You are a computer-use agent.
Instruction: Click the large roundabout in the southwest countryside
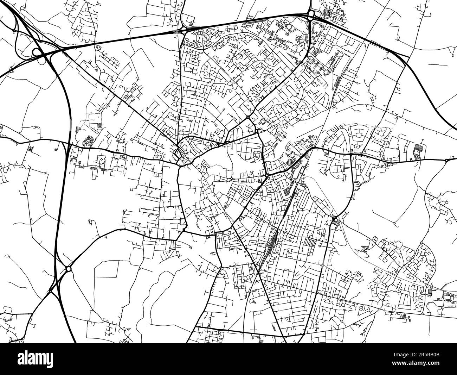tap(68, 269)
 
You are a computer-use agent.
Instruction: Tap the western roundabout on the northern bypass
tap(184, 30)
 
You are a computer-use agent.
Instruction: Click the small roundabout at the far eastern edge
tap(446, 161)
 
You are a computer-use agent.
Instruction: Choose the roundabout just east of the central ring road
tap(267, 175)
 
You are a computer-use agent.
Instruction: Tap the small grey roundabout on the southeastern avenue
tap(322, 264)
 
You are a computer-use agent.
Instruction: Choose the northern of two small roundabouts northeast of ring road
tap(248, 117)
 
